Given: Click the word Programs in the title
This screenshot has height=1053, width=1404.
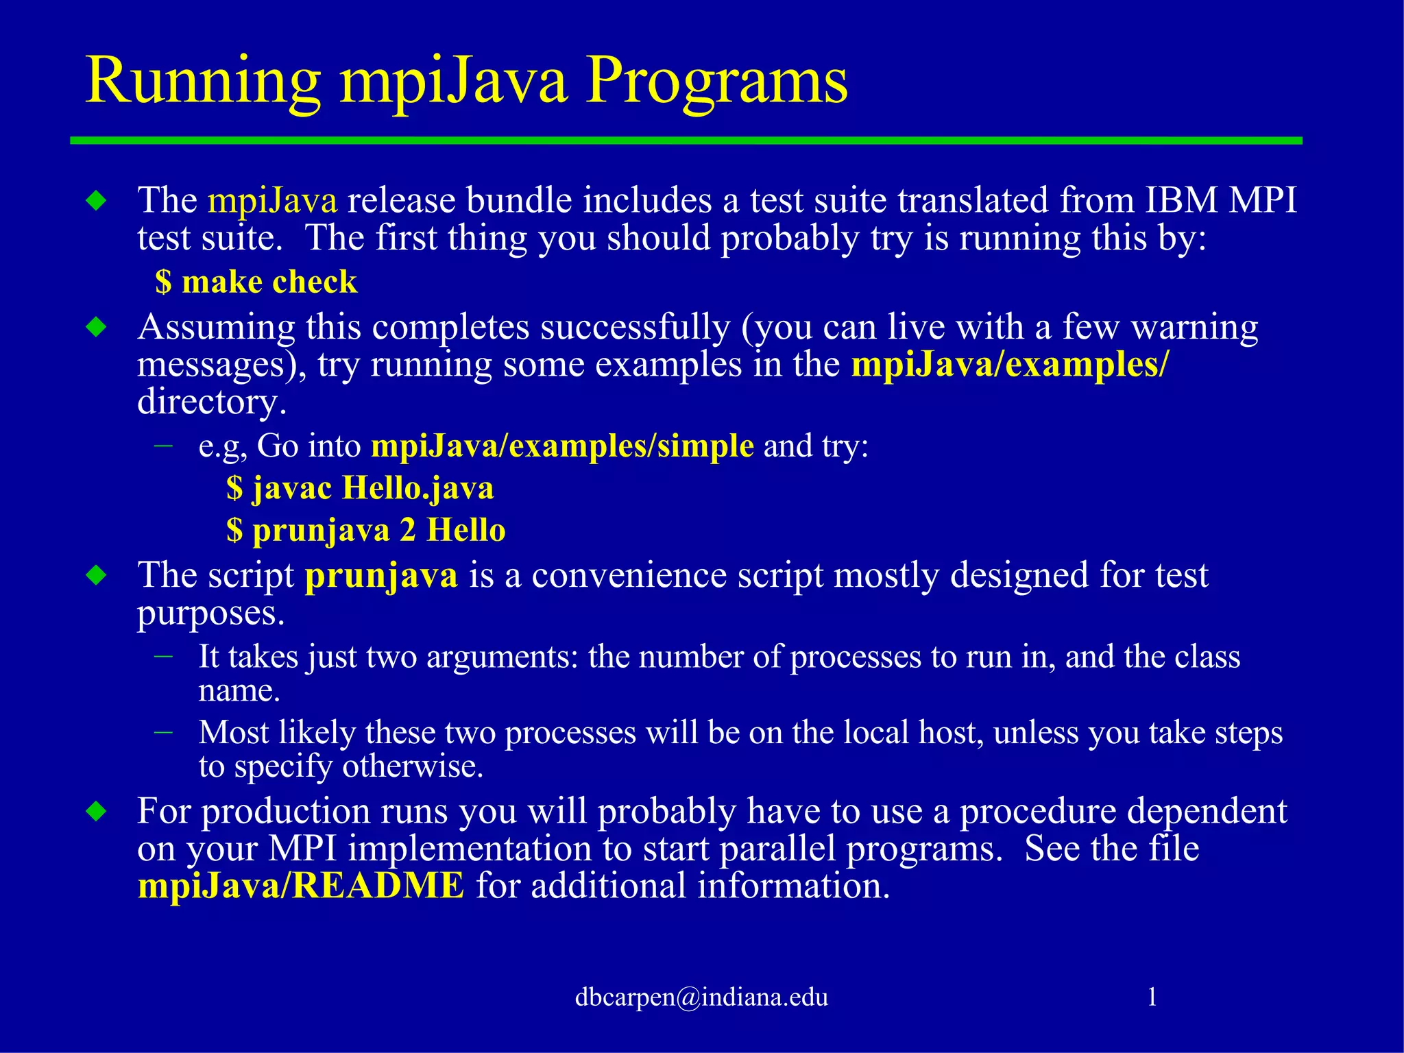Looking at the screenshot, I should tap(716, 82).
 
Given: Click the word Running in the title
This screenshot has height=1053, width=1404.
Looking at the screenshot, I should tap(203, 82).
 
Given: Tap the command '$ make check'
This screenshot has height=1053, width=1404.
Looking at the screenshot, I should tap(256, 282).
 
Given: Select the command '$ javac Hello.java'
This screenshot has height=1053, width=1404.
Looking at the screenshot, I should tap(360, 488).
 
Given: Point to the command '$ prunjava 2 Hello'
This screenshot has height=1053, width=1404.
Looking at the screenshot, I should tap(366, 530).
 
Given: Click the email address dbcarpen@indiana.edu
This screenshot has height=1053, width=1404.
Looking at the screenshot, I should tap(701, 996).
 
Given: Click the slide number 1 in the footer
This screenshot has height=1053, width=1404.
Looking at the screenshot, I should tap(1152, 996).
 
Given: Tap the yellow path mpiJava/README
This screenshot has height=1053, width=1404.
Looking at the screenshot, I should tap(301, 885).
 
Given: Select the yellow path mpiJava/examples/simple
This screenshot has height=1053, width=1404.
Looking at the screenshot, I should tap(562, 446).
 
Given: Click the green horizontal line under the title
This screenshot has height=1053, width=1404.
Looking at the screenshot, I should tap(686, 141).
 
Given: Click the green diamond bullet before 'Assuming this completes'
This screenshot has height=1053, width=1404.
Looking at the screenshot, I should tap(97, 327).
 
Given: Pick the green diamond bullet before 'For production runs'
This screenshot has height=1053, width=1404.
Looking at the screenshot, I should tap(97, 812).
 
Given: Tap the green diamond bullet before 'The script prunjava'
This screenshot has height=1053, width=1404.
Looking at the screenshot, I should tap(97, 575).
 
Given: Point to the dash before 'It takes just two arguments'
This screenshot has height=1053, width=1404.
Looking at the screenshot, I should tap(163, 656).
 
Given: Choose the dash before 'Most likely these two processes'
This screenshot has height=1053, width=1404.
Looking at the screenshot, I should tap(163, 732).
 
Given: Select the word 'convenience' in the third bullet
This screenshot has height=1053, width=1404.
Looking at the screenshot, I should tap(629, 575).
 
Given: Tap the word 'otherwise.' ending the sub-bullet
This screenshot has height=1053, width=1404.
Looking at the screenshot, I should tap(413, 766).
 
